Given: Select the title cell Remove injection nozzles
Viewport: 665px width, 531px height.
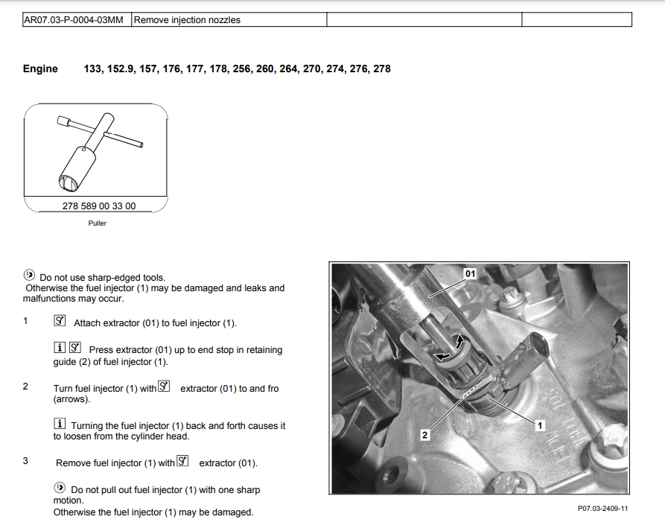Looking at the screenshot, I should pos(187,20).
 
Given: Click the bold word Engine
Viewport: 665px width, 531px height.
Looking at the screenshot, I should pos(40,69).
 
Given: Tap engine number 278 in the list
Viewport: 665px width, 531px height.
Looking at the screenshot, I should pos(381,69).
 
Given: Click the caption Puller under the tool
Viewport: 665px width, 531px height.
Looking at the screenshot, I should pos(97,223).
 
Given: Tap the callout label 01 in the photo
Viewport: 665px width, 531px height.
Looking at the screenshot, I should pos(470,273).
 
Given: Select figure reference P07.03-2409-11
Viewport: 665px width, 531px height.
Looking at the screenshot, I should pos(602,509).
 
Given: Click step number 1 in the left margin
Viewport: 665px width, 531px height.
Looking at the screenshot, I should pos(25,322).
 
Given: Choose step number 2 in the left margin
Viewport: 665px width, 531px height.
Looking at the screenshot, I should pos(25,387).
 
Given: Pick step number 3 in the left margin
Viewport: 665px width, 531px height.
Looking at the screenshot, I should pos(25,461).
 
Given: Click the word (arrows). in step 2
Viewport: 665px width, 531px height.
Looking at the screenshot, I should pos(71,399).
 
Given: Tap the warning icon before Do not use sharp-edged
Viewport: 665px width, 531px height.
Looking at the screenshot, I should pos(29,276).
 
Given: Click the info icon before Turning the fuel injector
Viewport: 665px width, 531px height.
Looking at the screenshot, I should pos(60,424).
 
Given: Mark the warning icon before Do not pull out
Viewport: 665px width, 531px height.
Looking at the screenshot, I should pos(60,489).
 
